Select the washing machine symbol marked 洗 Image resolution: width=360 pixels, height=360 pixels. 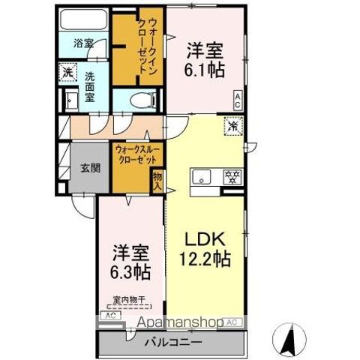[67, 73]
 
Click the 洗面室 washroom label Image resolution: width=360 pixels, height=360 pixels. [89, 85]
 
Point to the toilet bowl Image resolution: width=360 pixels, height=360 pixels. [143, 99]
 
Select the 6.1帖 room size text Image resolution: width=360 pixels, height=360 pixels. [205, 68]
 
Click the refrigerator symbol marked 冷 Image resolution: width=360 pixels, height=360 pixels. [232, 128]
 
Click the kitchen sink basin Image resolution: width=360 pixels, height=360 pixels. [202, 178]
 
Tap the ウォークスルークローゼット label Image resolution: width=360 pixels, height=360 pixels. [136, 155]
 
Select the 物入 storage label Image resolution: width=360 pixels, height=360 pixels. [157, 180]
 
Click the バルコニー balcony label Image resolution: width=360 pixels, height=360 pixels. [172, 343]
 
